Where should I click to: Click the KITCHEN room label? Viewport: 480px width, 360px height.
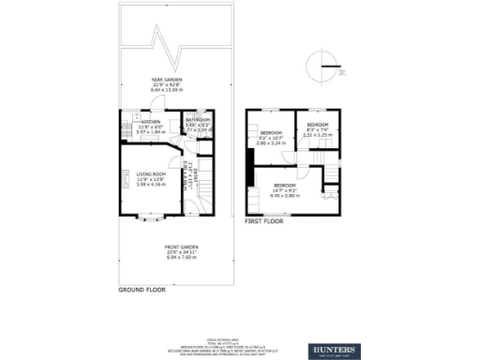(x=151, y=122)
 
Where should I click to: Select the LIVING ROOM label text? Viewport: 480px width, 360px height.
(x=151, y=174)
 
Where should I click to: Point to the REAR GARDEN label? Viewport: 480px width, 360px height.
(x=167, y=80)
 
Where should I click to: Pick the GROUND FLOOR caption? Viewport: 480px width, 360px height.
(x=142, y=291)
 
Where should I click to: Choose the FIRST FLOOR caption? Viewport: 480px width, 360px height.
(x=264, y=222)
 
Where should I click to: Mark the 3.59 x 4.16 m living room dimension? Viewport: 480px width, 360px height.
(x=151, y=186)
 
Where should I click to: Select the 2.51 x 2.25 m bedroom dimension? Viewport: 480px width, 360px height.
(x=317, y=134)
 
